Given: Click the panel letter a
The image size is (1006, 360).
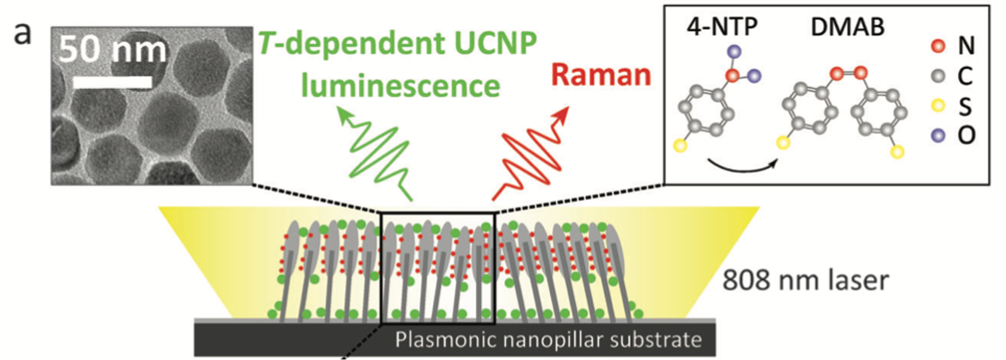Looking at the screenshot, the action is (22, 34).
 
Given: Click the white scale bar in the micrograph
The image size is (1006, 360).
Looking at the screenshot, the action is (112, 82).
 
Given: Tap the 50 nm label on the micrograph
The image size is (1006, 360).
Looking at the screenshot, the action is (112, 50).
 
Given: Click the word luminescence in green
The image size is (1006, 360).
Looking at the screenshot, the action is (400, 86).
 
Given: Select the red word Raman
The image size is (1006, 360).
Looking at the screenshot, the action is (601, 75).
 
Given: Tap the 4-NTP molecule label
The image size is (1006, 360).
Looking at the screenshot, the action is (722, 26).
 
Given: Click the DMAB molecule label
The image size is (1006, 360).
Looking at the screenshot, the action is (847, 26).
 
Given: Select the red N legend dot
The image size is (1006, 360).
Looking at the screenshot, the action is (938, 46).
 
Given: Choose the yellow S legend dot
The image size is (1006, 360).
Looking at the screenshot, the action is (938, 105).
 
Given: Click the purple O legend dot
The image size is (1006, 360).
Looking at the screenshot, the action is (938, 134).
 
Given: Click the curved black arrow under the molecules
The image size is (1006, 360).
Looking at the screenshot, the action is (742, 167).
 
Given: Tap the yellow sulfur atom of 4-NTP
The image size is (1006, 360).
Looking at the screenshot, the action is (680, 145).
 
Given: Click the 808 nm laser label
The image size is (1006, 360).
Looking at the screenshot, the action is (805, 280).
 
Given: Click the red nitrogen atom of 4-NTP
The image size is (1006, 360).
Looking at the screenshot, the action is (732, 76).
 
